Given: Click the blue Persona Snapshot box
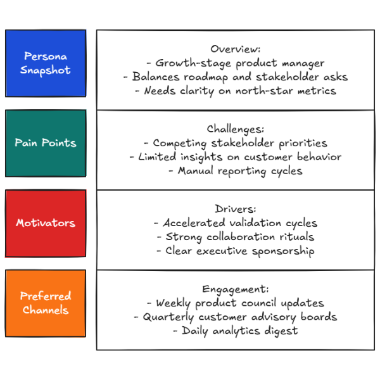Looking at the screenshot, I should (x=45, y=63).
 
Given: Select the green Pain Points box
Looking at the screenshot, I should (x=45, y=142).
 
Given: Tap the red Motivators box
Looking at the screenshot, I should (x=45, y=223).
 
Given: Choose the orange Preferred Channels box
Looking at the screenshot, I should (x=45, y=303).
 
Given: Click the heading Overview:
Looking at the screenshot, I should (x=236, y=49).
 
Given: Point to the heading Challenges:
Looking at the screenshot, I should (x=236, y=129).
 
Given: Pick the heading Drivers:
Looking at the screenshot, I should (x=236, y=209).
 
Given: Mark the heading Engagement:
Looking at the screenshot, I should (x=236, y=289).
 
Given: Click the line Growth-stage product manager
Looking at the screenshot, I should (x=236, y=63).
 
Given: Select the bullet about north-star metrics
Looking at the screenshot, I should (x=236, y=91).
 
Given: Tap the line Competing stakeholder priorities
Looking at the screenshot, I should (x=236, y=143).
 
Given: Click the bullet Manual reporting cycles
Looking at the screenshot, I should (x=236, y=171).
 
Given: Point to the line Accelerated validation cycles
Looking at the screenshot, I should (x=236, y=223).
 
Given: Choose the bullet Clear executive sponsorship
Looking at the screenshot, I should (x=236, y=251).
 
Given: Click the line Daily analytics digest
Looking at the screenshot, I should (x=236, y=331).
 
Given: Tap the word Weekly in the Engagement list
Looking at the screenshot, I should (x=175, y=303).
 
